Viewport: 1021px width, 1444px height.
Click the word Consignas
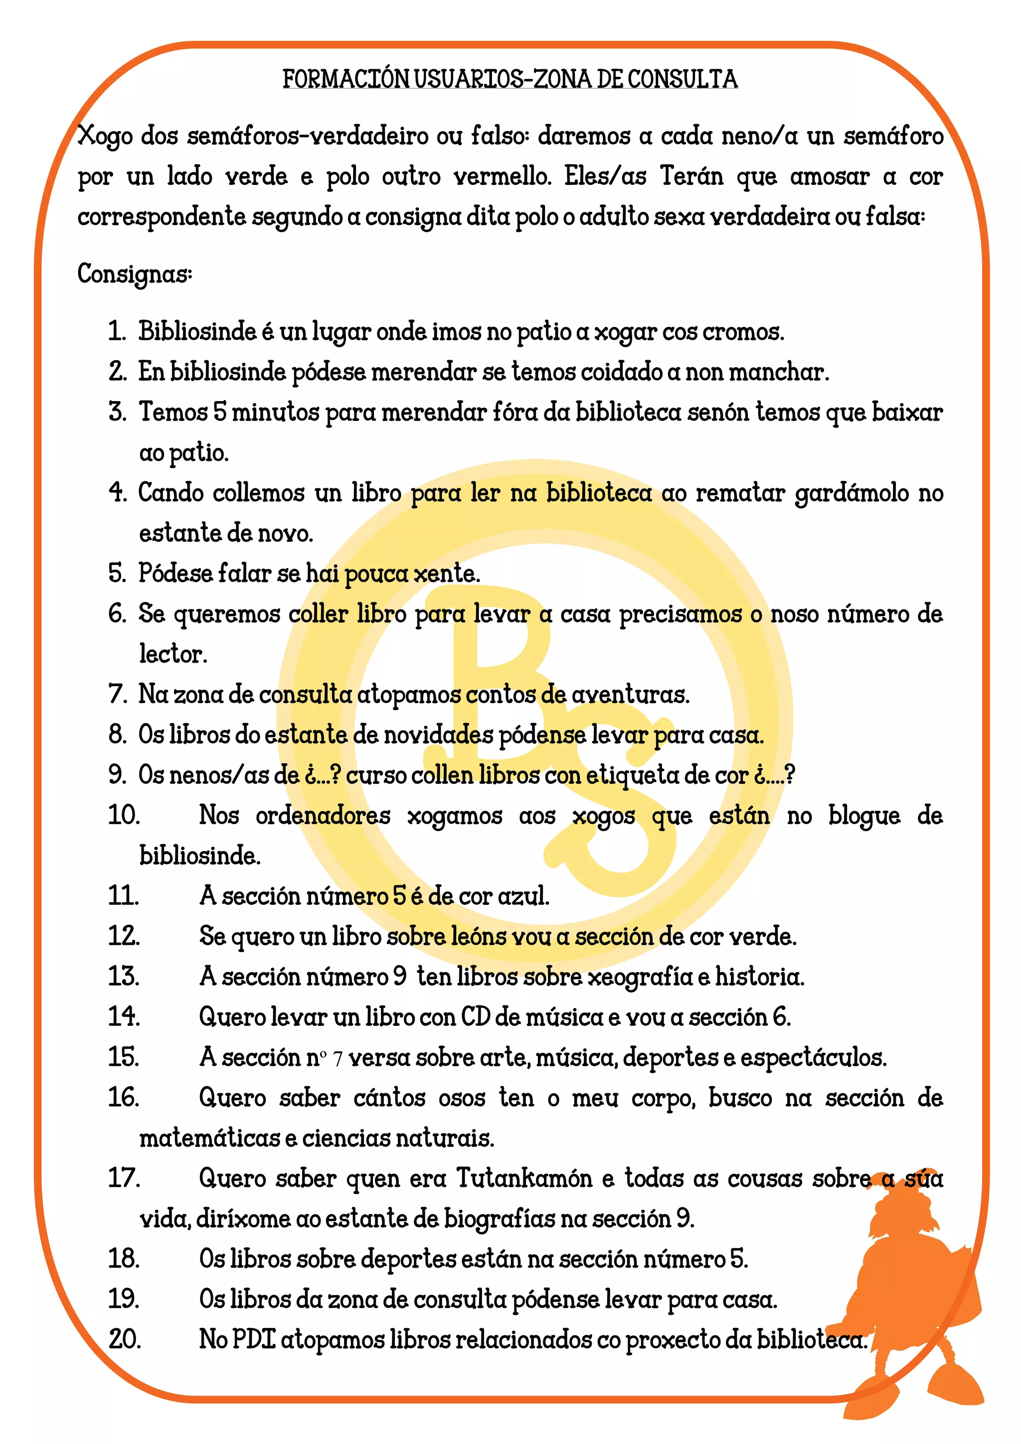click(134, 274)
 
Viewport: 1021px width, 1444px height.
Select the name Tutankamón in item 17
click(524, 1178)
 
